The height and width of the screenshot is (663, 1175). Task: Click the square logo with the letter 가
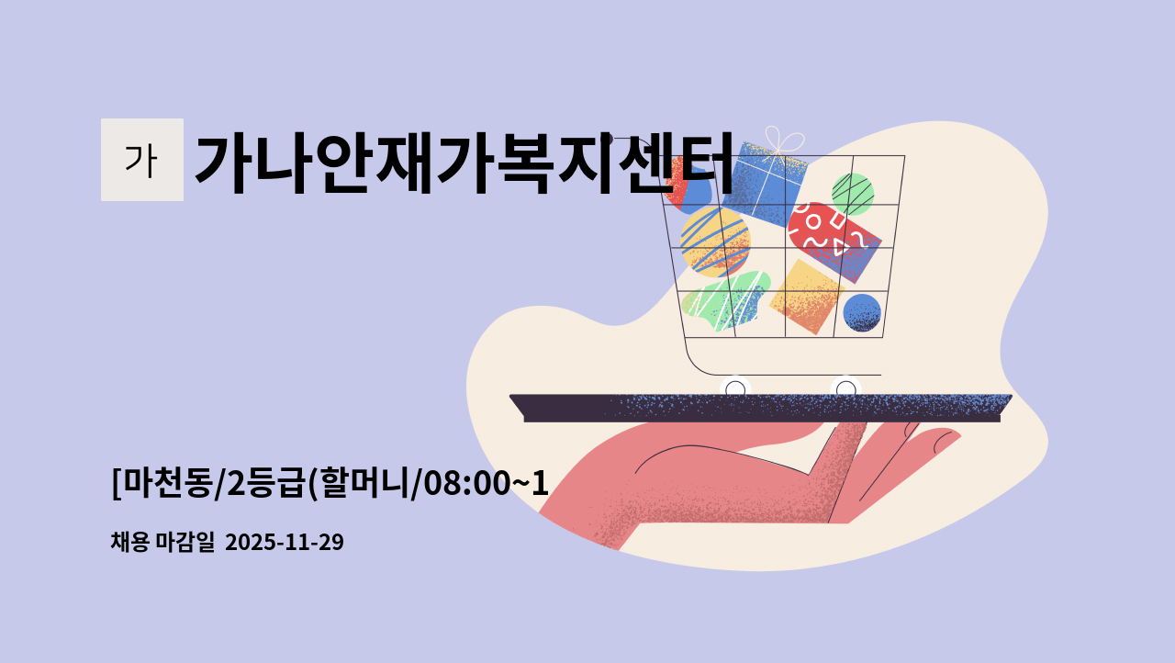tap(141, 160)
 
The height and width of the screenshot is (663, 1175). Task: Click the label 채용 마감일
tap(162, 542)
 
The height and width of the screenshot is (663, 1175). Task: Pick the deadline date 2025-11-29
tap(284, 542)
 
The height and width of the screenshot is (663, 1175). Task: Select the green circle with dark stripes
tap(853, 194)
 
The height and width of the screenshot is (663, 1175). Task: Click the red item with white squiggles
tap(831, 237)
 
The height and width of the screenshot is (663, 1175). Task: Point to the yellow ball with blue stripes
tap(715, 242)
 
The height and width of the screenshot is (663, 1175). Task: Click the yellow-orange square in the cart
tap(805, 297)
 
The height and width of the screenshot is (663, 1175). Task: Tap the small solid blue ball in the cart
tap(862, 312)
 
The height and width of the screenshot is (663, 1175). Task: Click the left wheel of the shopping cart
tap(735, 389)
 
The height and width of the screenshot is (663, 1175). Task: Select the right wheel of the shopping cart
tap(845, 389)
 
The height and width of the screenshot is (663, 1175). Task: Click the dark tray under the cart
tap(762, 408)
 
